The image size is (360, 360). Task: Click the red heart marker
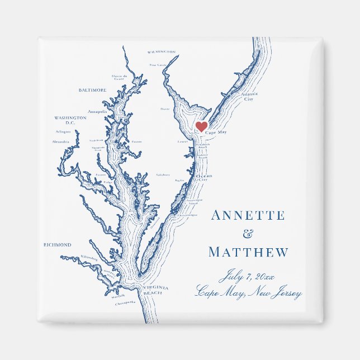(201, 126)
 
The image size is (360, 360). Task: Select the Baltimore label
(93, 90)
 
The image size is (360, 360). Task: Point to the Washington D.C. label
(70, 120)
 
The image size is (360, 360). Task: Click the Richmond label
(58, 245)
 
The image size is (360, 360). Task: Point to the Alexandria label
(60, 142)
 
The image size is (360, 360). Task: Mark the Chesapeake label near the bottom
(125, 302)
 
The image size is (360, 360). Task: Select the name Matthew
(248, 253)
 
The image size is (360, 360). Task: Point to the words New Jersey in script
(276, 293)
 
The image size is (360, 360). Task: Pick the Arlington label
(63, 132)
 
